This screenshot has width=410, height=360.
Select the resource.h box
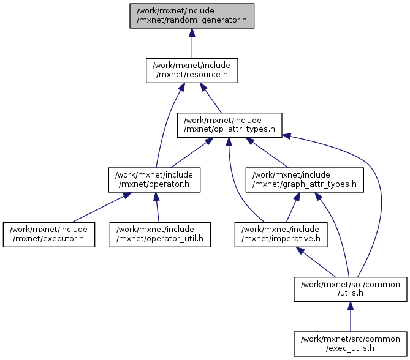192,70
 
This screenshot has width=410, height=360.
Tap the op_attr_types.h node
229,125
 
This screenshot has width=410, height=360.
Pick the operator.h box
154,179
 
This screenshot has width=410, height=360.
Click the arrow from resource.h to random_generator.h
192,46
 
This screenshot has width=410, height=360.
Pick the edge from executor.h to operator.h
98,208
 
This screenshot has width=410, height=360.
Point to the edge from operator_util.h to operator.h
158,209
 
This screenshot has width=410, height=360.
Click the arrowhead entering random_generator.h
192,33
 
